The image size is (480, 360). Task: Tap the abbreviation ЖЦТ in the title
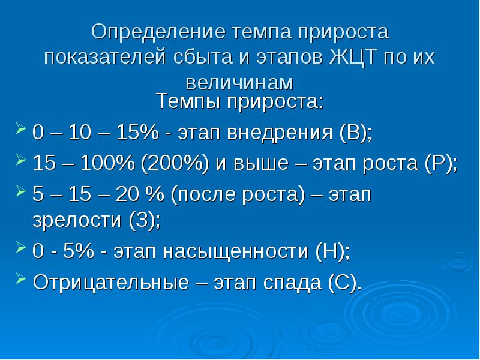point(353,57)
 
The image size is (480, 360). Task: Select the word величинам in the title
point(239,83)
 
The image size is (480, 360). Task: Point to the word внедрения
point(280,133)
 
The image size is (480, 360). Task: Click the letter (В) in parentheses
point(355,133)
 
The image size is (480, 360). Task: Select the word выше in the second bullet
point(261,163)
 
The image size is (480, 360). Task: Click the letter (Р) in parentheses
point(439,163)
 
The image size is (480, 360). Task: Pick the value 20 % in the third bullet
point(140,194)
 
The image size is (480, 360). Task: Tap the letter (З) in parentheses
point(142,220)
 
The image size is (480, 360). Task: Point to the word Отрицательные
point(111,282)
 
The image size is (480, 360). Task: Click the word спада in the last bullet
point(292,283)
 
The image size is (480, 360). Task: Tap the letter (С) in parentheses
point(343,282)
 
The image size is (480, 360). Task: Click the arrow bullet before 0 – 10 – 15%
point(20,128)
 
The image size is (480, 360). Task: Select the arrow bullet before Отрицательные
point(20,278)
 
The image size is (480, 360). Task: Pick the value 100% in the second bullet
point(107,163)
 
